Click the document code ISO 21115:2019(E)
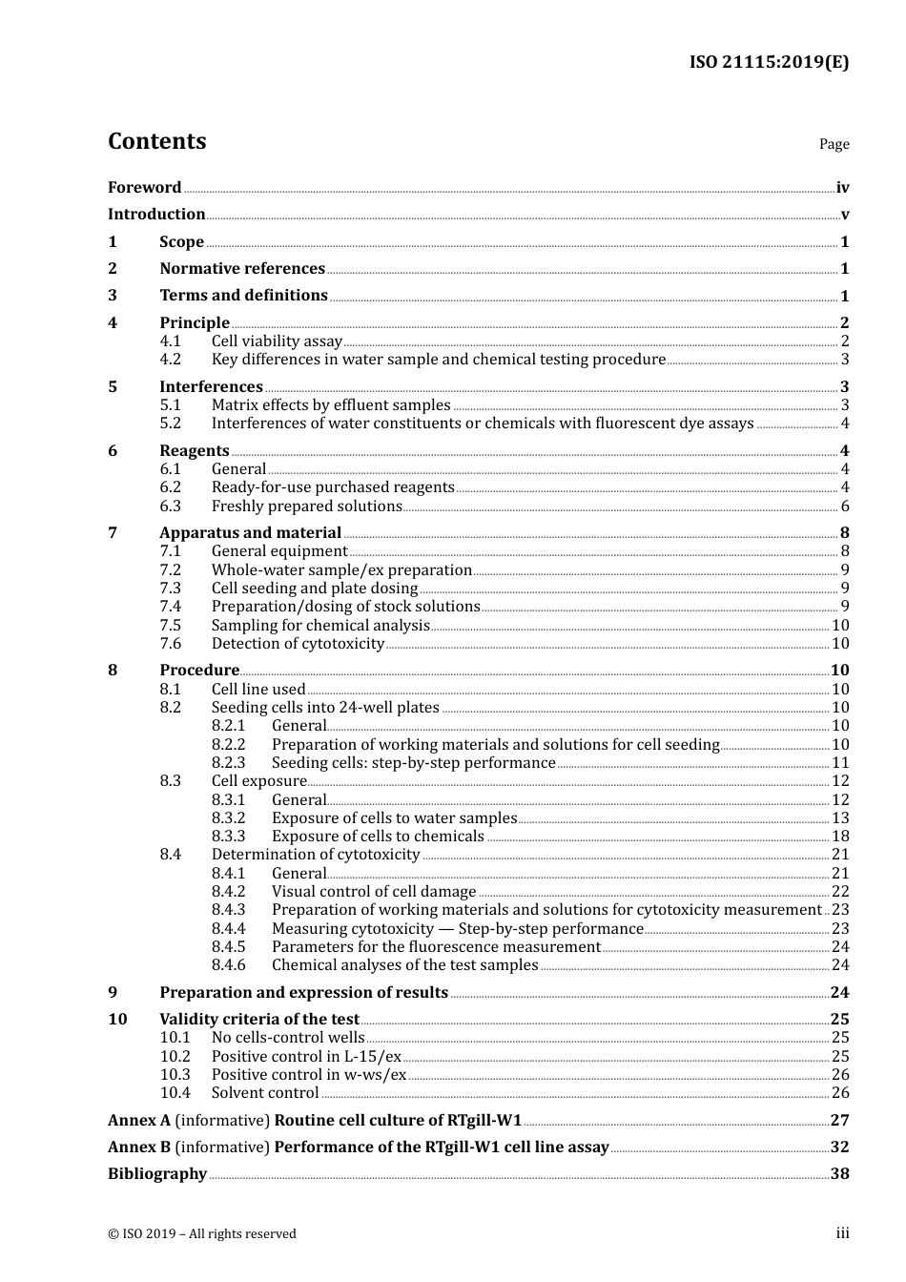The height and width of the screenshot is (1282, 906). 769,62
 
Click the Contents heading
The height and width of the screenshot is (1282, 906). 156,141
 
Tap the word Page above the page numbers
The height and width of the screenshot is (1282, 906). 834,144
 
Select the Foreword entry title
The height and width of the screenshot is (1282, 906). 144,188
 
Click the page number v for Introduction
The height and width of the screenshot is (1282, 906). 844,215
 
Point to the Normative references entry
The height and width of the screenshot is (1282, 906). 242,269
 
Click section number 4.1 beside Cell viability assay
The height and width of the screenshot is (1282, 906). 170,341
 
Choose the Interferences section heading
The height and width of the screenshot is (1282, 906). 211,386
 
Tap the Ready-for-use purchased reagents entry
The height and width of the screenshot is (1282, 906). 333,487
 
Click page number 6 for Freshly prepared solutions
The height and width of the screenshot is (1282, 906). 844,507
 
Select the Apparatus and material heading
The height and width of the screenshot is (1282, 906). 250,533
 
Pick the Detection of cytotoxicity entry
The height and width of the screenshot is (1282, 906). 298,644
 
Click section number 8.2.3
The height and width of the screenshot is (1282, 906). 228,763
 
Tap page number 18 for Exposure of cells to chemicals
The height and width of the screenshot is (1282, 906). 840,837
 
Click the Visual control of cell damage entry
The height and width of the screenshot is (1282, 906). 374,892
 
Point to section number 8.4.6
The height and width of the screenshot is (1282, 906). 228,965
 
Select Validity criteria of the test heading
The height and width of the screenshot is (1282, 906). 259,1020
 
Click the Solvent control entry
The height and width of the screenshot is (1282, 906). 265,1093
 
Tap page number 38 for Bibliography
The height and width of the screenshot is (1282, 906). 839,1174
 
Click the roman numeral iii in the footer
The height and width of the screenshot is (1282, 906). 842,1233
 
